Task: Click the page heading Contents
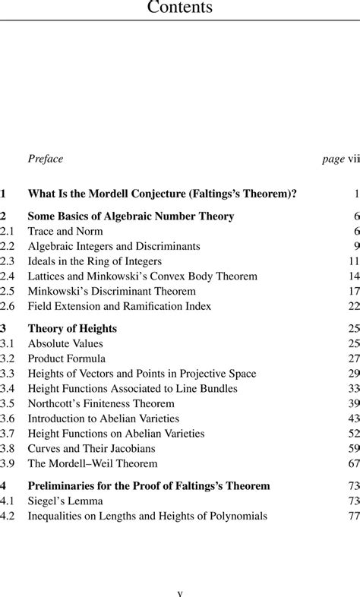click(x=179, y=8)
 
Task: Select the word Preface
click(x=45, y=159)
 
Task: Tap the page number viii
click(x=353, y=159)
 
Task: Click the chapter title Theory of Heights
click(x=72, y=328)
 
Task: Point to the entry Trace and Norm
click(x=65, y=231)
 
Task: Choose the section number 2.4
click(x=8, y=276)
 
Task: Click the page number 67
click(x=353, y=463)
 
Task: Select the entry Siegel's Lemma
click(x=65, y=501)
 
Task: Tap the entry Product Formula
click(x=67, y=359)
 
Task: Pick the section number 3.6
click(x=8, y=418)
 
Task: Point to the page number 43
click(x=353, y=418)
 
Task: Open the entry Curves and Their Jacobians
click(x=91, y=448)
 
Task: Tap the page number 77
click(x=353, y=516)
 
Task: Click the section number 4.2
click(x=8, y=516)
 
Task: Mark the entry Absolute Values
click(x=65, y=343)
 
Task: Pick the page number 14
click(x=353, y=276)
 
